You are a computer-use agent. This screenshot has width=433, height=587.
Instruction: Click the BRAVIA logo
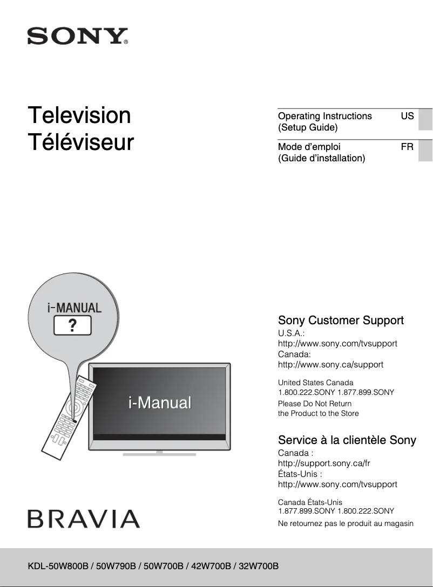coord(84,518)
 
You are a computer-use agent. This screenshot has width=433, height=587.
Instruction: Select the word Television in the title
coord(79,115)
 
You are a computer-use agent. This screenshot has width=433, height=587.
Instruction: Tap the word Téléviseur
coord(81,142)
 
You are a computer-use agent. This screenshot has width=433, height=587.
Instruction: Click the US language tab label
coord(407,116)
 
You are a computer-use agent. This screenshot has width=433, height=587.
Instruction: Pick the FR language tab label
coord(407,146)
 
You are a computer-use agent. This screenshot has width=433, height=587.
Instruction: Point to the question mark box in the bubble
coord(72,325)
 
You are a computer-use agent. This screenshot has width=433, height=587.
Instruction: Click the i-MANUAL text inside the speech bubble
coord(73,308)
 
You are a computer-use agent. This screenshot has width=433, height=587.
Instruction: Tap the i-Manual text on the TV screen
coord(160,402)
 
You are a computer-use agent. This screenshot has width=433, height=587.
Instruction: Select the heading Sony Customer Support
coord(341,320)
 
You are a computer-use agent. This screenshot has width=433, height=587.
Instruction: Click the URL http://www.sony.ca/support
coord(330,365)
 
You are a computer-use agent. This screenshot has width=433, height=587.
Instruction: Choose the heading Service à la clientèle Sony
coord(347,440)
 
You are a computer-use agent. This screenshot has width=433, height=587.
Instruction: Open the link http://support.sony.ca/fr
coord(324,463)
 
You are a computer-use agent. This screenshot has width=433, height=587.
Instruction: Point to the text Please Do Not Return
coord(314,404)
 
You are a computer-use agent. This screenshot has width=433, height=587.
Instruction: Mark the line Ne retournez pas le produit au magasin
coord(346,523)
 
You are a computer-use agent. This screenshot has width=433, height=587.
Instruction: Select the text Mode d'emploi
coord(309,146)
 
